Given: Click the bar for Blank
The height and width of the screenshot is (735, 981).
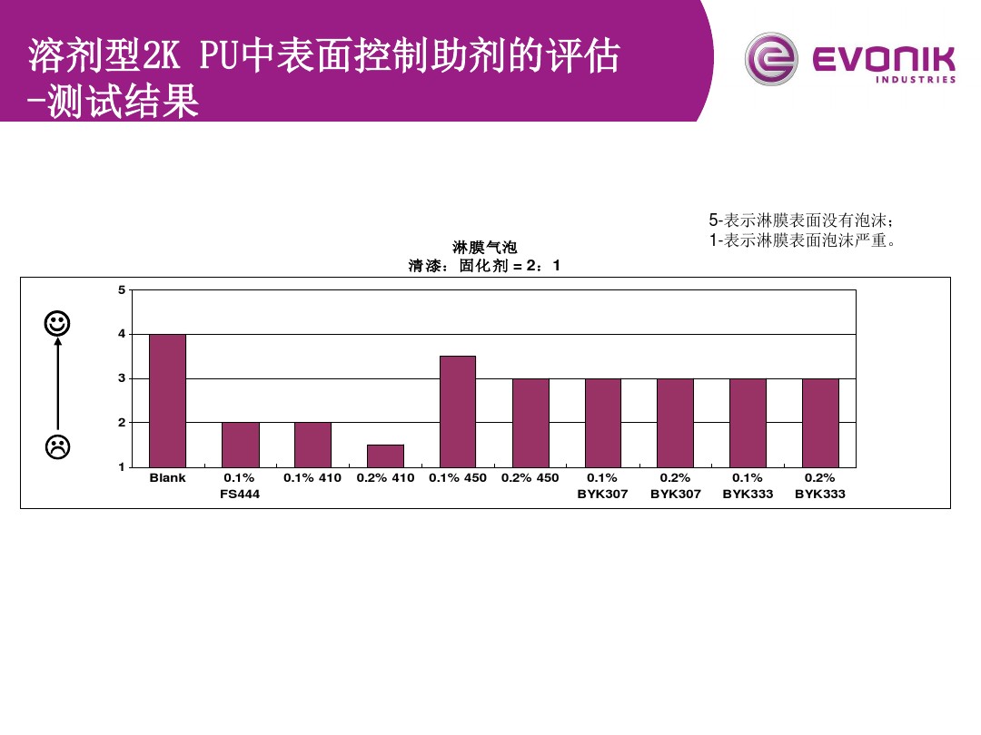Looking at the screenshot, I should (167, 400).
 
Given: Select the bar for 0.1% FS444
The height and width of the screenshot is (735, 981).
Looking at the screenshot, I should (240, 445).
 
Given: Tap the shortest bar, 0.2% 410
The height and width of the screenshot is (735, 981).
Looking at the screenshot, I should (385, 456).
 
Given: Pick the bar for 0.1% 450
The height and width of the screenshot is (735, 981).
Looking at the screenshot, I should (458, 411).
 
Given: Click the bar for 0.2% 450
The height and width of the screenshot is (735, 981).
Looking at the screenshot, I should (530, 422).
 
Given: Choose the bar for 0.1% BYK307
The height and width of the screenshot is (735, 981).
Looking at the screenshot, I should (602, 422).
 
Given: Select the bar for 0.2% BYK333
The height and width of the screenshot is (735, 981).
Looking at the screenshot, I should (820, 422).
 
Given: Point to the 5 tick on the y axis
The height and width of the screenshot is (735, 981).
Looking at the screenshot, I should (122, 290).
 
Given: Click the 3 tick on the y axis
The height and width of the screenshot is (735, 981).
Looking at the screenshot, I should (122, 378).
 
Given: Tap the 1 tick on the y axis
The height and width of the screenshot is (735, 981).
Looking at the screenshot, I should (122, 467).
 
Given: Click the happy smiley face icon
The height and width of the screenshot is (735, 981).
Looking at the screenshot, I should (57, 323).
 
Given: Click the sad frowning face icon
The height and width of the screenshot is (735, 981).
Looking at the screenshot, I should (57, 446).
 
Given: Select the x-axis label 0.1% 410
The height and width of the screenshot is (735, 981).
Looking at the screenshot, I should (312, 478).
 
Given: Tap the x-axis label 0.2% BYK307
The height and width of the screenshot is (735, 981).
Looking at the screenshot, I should (675, 485).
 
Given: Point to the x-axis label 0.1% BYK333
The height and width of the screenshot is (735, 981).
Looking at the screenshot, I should (748, 485).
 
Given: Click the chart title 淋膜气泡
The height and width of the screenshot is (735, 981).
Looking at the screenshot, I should (485, 247).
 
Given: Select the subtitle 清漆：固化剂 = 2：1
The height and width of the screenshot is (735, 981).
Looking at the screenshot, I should (485, 266).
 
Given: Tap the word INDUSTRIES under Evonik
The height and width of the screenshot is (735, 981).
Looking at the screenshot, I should (916, 80).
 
